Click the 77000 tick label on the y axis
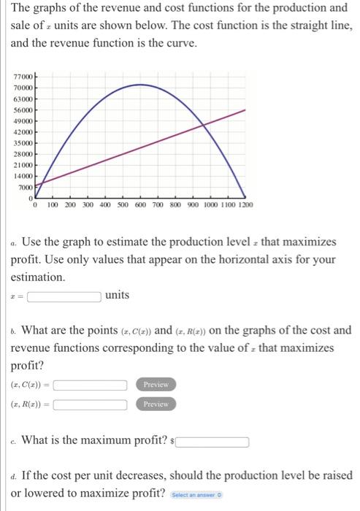(23, 76)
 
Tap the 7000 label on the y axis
(26, 186)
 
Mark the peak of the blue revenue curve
(139, 85)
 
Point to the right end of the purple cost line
(244, 110)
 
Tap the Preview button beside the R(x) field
(156, 404)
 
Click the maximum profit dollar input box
(210, 442)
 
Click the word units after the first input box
(117, 296)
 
